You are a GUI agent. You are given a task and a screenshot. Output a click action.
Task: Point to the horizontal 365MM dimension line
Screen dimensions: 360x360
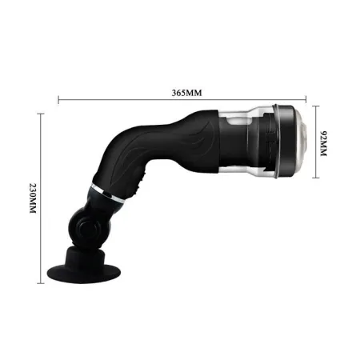(120, 101)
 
